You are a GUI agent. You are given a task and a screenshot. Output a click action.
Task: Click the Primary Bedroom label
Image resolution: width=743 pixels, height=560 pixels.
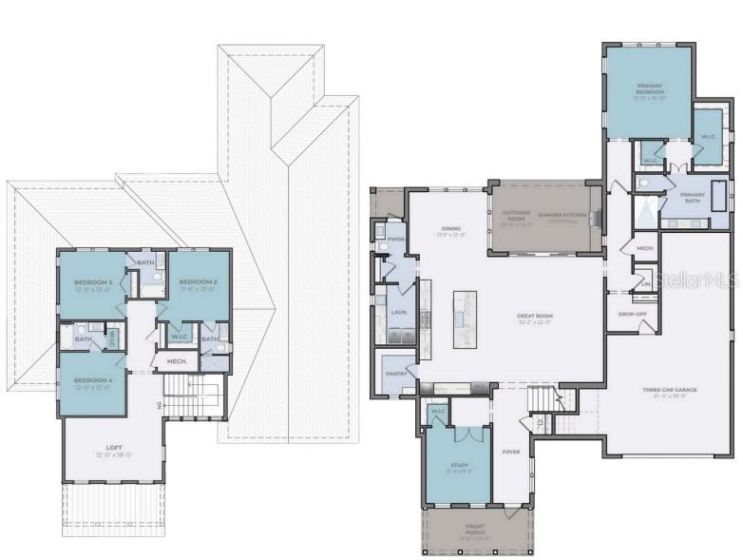(x=650, y=88)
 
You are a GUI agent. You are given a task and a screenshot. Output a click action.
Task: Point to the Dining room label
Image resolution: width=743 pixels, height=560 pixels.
(x=451, y=229)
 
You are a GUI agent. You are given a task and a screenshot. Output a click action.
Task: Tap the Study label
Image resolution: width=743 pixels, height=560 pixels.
(x=457, y=466)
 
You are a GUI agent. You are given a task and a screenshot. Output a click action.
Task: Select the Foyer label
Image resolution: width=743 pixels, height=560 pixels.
(x=511, y=452)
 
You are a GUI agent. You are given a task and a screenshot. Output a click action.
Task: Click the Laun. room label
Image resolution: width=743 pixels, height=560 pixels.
(x=398, y=312)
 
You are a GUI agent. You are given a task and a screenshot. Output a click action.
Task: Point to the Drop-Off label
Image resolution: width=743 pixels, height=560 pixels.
(x=631, y=314)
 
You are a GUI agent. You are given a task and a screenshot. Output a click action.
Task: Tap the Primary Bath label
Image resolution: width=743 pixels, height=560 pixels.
(x=693, y=195)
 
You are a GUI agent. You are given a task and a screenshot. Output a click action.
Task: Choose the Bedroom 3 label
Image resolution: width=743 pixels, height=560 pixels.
(x=93, y=283)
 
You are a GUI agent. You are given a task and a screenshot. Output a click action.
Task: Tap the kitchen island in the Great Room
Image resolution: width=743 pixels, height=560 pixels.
(x=465, y=319)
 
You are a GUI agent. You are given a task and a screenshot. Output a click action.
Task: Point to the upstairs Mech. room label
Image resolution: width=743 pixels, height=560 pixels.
(x=177, y=361)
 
